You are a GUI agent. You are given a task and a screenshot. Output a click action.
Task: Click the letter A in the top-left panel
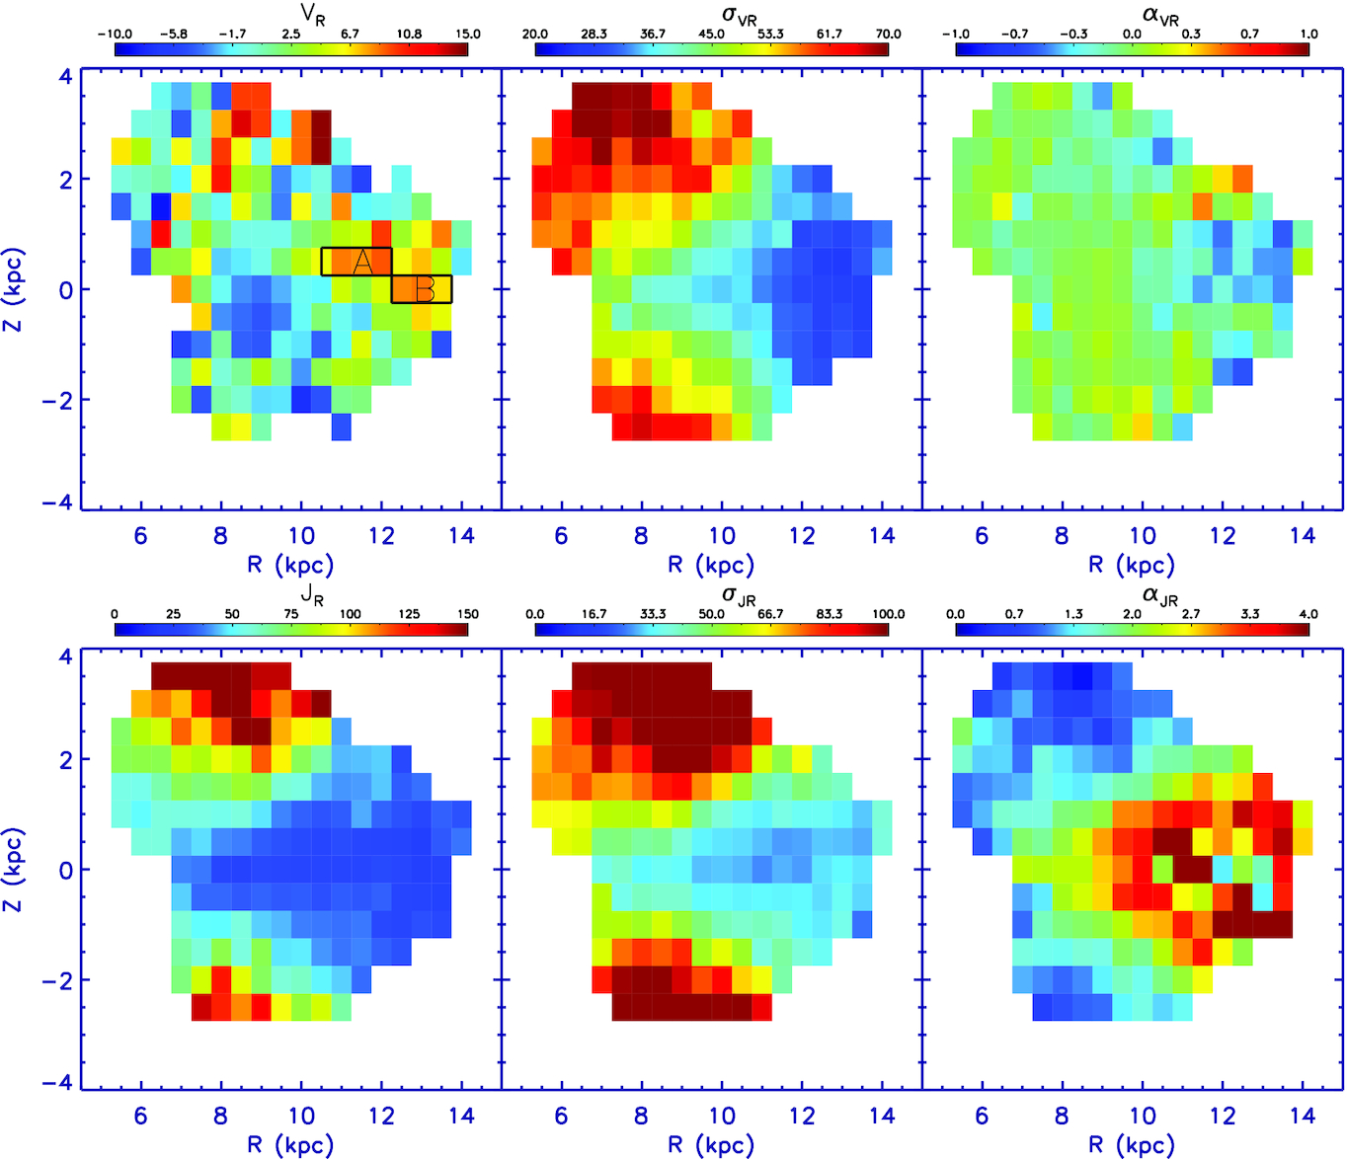362,262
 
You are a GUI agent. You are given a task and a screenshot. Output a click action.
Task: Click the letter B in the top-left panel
425,290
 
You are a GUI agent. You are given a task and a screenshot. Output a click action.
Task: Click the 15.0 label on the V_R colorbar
467,34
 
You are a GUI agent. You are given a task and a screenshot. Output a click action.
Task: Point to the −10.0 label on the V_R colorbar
116,34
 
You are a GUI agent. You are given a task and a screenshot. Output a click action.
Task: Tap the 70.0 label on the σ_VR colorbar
888,34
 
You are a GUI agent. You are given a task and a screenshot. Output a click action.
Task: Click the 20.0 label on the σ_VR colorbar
535,34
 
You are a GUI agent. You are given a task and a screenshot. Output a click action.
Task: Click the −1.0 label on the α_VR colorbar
955,34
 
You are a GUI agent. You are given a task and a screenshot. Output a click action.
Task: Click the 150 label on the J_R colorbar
467,614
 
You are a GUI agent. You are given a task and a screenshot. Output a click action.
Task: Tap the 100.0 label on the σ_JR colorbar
888,614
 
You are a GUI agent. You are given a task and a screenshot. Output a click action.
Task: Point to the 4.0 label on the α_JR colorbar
1308,614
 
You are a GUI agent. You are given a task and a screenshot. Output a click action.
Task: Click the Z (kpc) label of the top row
14,289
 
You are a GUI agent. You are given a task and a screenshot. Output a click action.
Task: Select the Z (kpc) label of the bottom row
14,870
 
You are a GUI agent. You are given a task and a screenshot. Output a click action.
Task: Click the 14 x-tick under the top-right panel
1303,536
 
